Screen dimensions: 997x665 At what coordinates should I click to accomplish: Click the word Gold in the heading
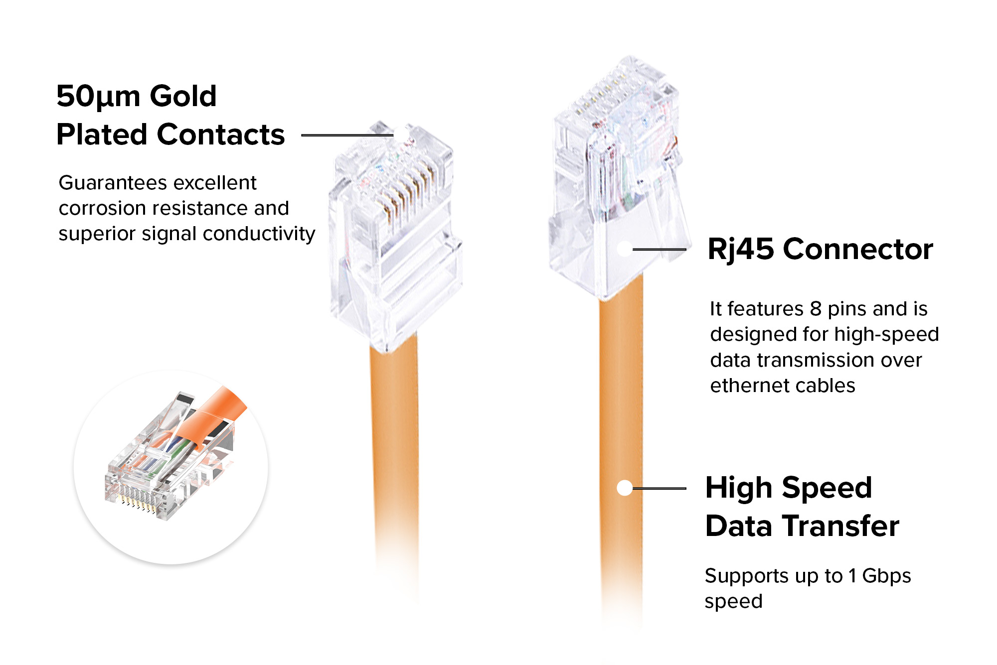click(x=183, y=96)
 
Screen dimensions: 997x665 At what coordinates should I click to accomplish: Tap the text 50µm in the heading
click(x=98, y=97)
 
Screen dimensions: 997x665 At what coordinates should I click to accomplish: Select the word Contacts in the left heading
click(x=221, y=134)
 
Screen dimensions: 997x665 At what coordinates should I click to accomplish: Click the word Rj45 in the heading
click(x=741, y=250)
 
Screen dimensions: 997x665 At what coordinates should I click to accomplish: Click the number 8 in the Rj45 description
click(x=816, y=309)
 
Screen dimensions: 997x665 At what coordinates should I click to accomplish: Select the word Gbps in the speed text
click(x=886, y=576)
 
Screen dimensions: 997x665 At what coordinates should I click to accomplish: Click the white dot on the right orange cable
click(x=625, y=488)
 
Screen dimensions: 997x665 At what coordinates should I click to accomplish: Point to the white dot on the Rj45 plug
click(x=625, y=249)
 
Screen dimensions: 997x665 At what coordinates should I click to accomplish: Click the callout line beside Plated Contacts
click(x=348, y=134)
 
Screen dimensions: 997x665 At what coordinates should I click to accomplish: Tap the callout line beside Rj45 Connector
click(x=659, y=249)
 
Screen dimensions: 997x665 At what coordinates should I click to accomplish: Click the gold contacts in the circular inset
click(x=137, y=503)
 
